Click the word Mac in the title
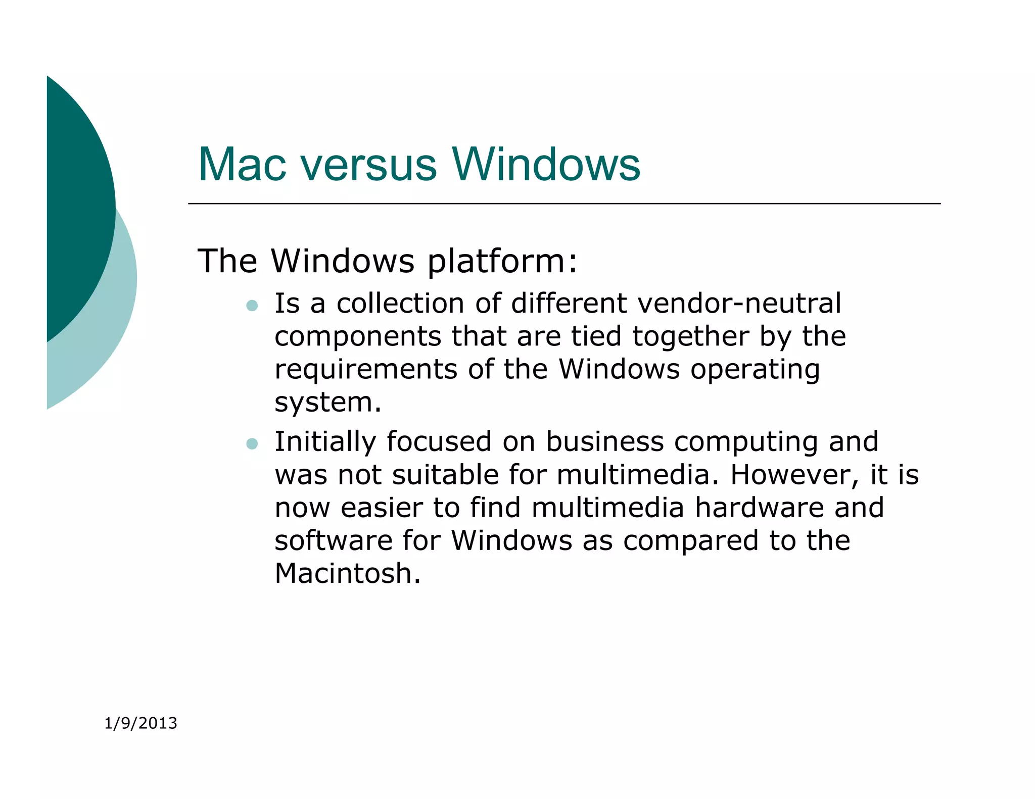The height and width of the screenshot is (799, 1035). coord(242,165)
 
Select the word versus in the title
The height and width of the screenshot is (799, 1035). coord(369,165)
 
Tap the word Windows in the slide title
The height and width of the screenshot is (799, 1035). coord(546,165)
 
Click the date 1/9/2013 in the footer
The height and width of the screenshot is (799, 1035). coord(140,723)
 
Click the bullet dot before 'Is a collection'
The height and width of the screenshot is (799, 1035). coord(252,305)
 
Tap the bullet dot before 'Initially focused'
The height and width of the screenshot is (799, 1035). coord(252,443)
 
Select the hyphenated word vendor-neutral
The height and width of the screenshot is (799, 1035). coord(739,304)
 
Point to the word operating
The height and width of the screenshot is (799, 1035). coord(755,370)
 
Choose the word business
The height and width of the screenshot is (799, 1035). coord(604,442)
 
